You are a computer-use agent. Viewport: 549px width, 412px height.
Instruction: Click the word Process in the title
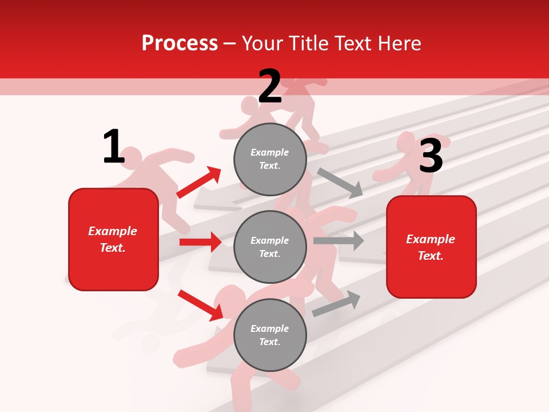(180, 43)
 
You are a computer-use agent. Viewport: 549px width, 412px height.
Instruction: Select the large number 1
(114, 147)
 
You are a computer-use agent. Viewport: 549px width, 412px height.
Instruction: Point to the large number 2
(269, 86)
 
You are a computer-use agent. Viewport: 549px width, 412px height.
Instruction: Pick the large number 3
(431, 156)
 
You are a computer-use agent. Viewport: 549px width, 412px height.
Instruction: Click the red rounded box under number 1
(113, 239)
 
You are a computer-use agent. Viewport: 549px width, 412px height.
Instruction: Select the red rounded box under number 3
(431, 247)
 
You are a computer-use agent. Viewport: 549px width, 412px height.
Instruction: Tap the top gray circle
(270, 159)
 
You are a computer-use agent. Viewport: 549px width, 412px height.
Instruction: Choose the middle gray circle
(270, 247)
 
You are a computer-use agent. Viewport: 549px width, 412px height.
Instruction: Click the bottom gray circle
(270, 335)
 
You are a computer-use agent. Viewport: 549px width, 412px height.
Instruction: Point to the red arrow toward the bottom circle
(201, 305)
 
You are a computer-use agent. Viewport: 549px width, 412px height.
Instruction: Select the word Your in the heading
(264, 43)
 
